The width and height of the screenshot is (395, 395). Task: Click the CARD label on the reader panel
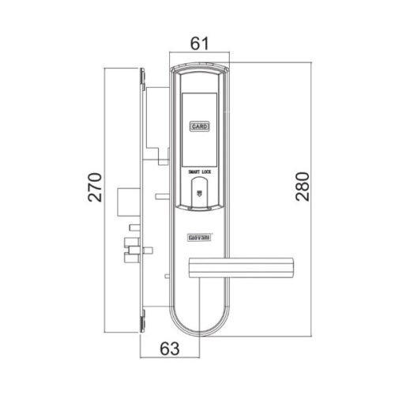(199, 125)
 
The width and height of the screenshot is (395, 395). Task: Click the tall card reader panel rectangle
(199, 126)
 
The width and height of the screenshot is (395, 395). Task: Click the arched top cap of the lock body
(199, 70)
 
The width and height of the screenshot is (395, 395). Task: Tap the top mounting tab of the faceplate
(141, 77)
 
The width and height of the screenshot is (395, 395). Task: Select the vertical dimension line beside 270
(107, 197)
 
